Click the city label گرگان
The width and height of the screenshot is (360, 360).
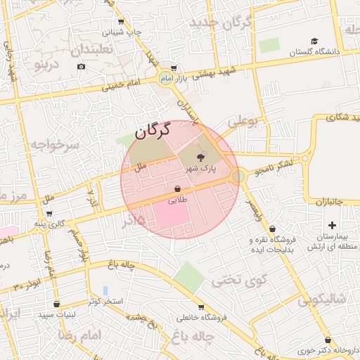point(153,130)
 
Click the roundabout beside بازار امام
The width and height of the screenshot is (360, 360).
point(166,77)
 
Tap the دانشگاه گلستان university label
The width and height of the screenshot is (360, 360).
point(314,52)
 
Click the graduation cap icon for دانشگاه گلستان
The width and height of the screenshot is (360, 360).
point(314,41)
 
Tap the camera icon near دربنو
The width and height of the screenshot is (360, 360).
point(81,67)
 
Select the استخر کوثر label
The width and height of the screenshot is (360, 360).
point(105,302)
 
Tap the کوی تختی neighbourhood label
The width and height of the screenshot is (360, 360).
point(240,281)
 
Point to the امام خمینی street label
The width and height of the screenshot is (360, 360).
point(122,86)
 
